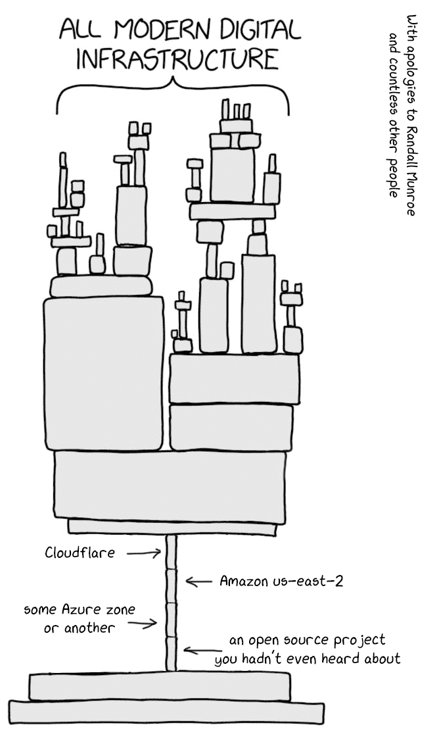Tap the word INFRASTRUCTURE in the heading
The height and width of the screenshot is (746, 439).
pos(176,61)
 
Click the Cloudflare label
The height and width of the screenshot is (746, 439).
pos(80,553)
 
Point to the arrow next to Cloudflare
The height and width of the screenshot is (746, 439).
pos(144,553)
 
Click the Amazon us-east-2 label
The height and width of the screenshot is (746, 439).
pos(281,581)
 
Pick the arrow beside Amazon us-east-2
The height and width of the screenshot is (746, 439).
pos(199,581)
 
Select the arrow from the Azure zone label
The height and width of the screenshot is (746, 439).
pos(142,623)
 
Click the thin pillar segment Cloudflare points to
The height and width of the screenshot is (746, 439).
pos(172,553)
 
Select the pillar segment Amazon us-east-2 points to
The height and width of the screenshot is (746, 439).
pos(172,587)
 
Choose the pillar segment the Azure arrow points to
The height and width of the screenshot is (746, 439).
pos(172,620)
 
